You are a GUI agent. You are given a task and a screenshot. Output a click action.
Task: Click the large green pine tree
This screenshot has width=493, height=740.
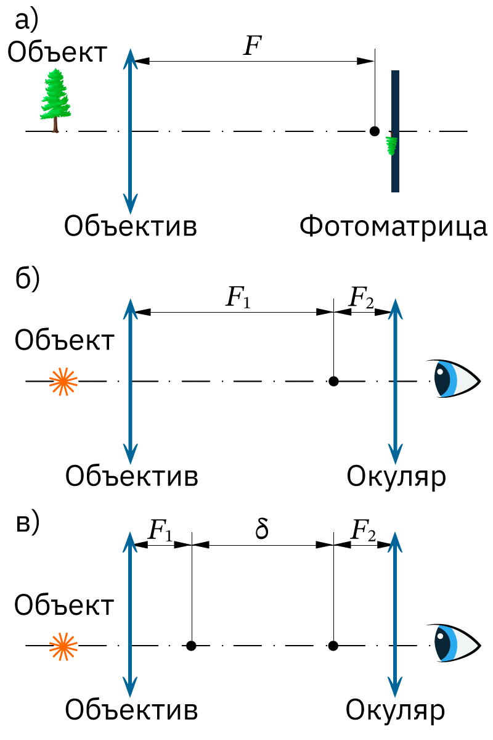(x=55, y=96)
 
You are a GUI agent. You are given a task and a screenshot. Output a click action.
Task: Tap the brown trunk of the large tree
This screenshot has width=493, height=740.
(x=55, y=126)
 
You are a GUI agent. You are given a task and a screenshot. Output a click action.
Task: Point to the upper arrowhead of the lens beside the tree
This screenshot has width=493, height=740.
(x=130, y=57)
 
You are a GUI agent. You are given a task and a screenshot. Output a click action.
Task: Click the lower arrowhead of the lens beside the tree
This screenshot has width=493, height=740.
(x=130, y=206)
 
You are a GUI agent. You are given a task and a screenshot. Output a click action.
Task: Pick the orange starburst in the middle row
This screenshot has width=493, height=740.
(x=63, y=382)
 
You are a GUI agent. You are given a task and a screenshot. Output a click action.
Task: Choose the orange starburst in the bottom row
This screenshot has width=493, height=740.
(x=63, y=646)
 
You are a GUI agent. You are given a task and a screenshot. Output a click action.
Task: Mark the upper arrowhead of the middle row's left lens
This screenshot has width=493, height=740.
(x=130, y=307)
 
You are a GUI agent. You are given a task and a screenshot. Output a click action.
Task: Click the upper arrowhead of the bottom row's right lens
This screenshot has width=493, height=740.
(x=395, y=540)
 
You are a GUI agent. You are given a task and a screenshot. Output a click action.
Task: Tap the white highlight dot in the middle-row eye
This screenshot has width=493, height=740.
(x=440, y=372)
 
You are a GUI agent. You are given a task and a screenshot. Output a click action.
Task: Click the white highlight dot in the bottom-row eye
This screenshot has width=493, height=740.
(x=440, y=636)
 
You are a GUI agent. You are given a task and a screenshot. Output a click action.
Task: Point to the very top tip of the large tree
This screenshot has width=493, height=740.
(x=56, y=68)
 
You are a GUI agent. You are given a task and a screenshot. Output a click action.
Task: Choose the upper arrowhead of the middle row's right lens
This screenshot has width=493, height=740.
(x=395, y=307)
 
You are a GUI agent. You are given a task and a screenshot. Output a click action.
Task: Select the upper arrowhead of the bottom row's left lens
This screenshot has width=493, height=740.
(x=130, y=540)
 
